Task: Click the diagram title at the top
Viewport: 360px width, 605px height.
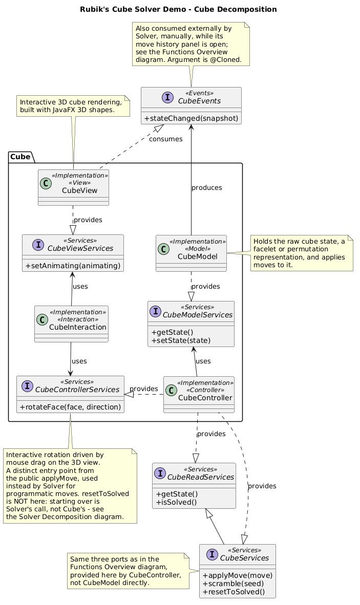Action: [x=178, y=9]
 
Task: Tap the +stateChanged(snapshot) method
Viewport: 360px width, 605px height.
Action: [x=191, y=118]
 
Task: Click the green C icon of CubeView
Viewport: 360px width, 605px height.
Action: [x=46, y=183]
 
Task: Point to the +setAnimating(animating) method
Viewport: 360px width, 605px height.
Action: [x=73, y=266]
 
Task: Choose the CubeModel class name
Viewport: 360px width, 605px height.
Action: [x=198, y=256]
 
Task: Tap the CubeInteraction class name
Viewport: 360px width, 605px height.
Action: [x=77, y=327]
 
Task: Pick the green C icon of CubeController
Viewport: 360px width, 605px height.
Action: [x=171, y=390]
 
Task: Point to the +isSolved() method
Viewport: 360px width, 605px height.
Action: [x=176, y=502]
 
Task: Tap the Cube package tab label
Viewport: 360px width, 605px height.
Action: [x=20, y=157]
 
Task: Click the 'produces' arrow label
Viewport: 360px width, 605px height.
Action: [x=207, y=188]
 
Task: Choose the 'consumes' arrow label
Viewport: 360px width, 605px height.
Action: [x=166, y=139]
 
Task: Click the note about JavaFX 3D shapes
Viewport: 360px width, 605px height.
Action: [x=73, y=106]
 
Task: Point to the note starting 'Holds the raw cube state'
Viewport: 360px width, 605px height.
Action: [x=302, y=253]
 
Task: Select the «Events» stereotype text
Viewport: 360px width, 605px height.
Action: [x=200, y=93]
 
